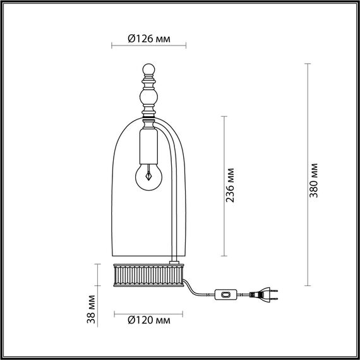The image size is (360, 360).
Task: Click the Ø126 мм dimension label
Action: click(x=149, y=38)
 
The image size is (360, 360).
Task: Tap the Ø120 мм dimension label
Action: click(x=149, y=320)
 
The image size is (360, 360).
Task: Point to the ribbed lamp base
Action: click(x=149, y=274)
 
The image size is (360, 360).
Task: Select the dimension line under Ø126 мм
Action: click(x=149, y=46)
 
